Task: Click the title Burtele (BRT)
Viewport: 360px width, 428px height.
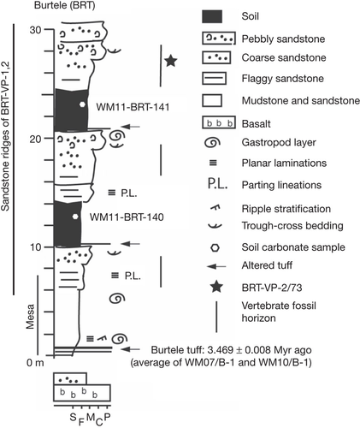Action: pos(64,5)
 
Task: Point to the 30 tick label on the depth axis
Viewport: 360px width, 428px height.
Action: pos(36,29)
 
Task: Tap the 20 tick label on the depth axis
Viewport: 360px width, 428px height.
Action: pos(36,139)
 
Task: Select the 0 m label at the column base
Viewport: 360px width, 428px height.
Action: pos(35,363)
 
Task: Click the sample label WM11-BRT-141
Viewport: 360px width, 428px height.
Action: pos(133,107)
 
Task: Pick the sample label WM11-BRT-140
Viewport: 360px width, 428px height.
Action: pos(127,217)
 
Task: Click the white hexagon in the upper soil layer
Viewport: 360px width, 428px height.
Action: pos(82,104)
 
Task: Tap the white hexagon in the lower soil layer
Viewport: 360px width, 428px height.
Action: pos(75,217)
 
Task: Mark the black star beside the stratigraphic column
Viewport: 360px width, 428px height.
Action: pos(171,61)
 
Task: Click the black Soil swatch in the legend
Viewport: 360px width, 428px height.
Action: pos(212,16)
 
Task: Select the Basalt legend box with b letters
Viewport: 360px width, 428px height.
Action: pos(219,122)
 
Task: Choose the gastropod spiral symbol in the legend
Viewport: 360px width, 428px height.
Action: pos(212,142)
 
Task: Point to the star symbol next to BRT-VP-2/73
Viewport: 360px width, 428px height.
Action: pos(216,287)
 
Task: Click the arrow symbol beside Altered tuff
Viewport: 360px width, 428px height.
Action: pos(216,266)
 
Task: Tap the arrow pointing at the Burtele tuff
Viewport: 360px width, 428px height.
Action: pos(130,349)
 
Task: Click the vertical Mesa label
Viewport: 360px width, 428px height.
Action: pos(30,317)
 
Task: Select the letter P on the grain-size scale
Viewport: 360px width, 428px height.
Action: pos(107,417)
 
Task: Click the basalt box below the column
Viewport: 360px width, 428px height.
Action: pos(82,393)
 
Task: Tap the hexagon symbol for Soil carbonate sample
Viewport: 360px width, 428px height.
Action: pos(215,247)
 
